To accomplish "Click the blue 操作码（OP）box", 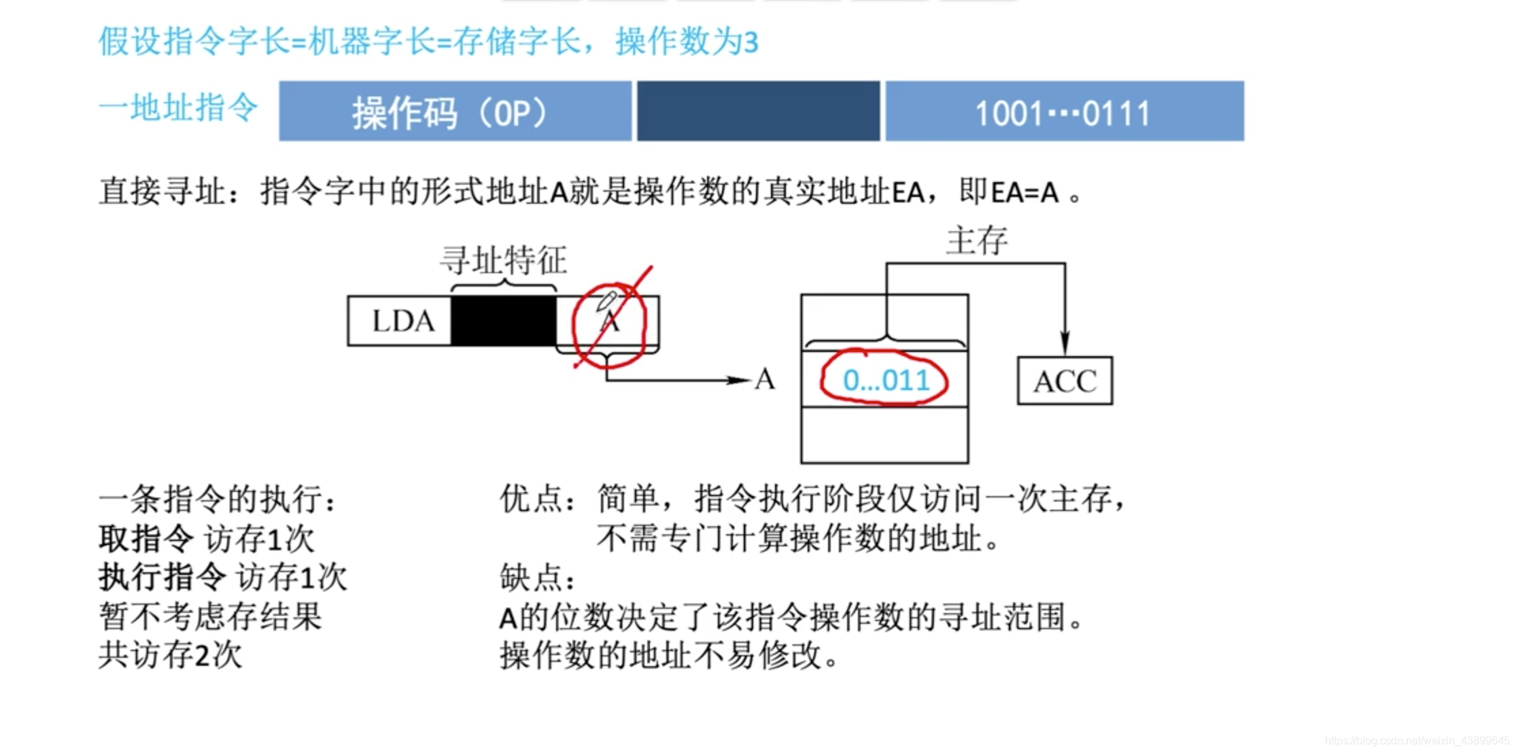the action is [454, 111].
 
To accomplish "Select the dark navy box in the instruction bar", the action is [758, 111].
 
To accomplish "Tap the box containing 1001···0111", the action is [1064, 111].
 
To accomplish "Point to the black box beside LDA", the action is [503, 321].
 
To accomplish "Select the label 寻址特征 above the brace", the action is [503, 260].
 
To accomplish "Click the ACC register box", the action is [1065, 381].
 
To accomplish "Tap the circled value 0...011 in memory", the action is [885, 380].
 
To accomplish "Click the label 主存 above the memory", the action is [977, 241].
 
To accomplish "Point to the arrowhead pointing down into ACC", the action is [1065, 343].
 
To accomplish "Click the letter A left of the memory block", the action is [765, 380].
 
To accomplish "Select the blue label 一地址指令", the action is [178, 107].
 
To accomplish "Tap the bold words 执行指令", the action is [162, 578].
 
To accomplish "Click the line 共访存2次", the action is [170, 655].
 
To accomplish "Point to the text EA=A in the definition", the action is [1024, 192].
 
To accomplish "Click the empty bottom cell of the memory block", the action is [884, 435].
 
